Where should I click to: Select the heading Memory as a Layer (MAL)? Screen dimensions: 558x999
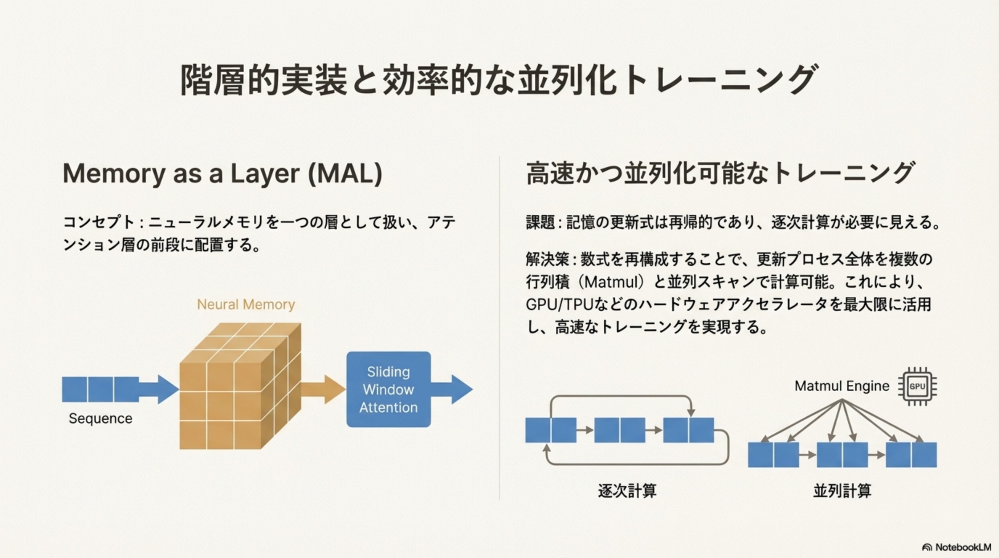point(223,173)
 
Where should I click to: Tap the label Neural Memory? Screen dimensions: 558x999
point(246,304)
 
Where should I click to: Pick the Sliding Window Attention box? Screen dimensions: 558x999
point(388,389)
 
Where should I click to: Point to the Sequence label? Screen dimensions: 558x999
point(101,418)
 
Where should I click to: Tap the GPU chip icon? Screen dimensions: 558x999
point(917,387)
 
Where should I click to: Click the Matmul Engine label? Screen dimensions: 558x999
point(841,386)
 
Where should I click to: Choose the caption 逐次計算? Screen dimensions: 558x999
point(627,491)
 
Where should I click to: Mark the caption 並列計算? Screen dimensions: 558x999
point(842,491)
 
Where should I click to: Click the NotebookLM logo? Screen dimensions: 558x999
point(956,547)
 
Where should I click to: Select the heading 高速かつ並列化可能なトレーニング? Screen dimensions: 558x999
point(721,173)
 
